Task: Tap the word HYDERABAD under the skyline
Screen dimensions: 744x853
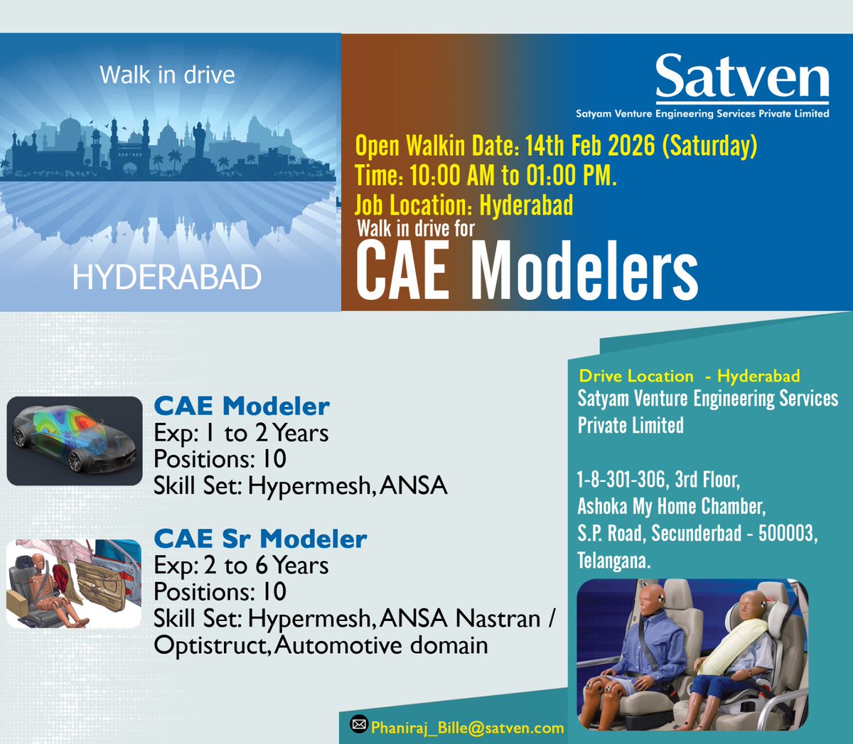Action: (x=167, y=277)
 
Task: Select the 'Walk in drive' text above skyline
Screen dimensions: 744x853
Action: (x=167, y=75)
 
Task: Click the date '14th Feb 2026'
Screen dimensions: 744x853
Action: (x=590, y=146)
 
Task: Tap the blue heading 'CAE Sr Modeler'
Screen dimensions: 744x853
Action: (x=260, y=539)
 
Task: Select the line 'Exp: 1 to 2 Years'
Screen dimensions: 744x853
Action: (x=241, y=433)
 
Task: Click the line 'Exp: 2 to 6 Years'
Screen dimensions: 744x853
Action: (x=241, y=566)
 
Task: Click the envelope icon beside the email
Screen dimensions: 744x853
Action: (x=359, y=724)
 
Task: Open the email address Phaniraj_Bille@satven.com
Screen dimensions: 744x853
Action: (x=467, y=728)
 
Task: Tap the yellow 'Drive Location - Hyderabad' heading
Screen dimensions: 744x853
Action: (x=689, y=376)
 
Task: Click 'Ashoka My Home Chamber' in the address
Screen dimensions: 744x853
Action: (x=671, y=506)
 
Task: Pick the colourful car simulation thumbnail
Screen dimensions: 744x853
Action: (x=75, y=441)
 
